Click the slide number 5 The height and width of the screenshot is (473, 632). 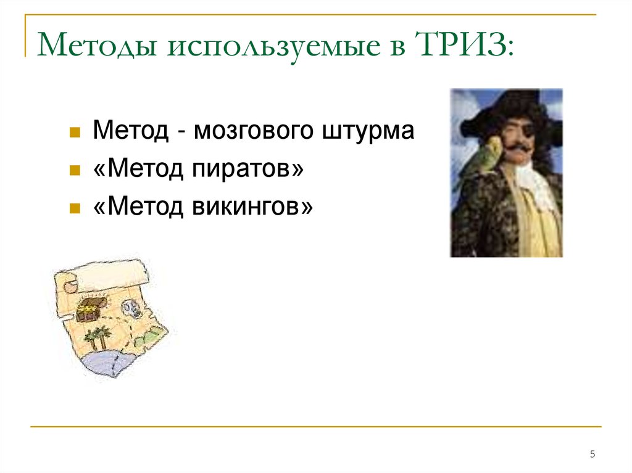[x=592, y=454]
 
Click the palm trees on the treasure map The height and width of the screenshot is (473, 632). [x=98, y=337]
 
